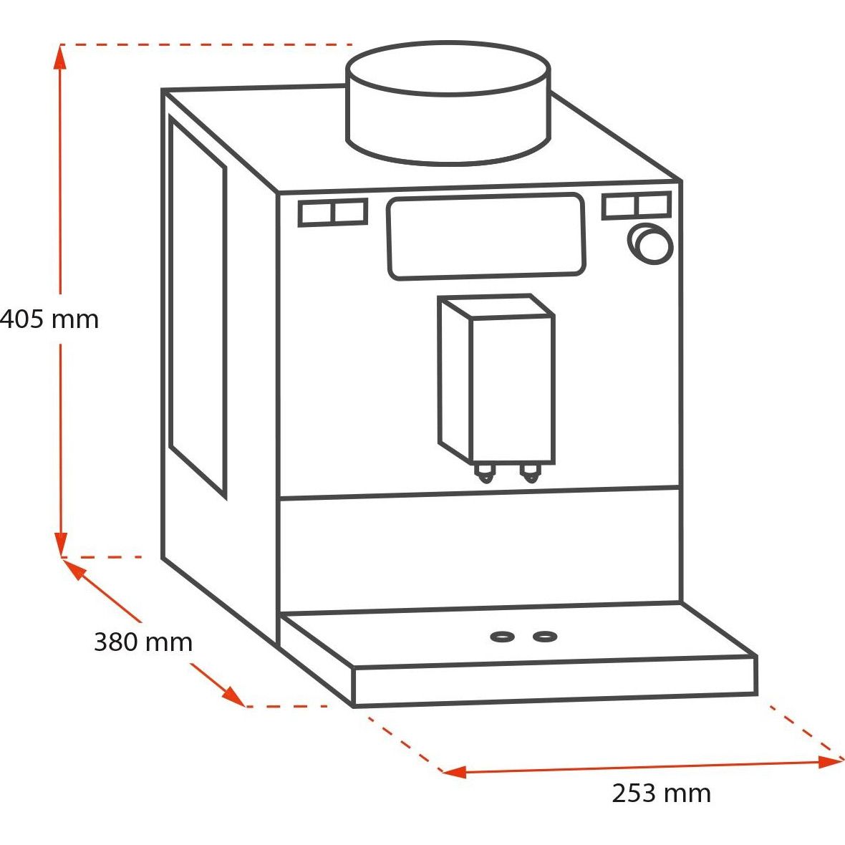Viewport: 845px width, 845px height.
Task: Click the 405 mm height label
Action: [49, 319]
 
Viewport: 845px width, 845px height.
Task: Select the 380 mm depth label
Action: [143, 642]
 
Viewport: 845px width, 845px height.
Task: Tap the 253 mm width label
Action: [661, 793]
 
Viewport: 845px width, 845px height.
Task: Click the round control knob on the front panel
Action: [650, 243]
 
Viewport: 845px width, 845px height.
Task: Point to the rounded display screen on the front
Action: [487, 236]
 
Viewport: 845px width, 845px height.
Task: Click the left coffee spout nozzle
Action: [485, 473]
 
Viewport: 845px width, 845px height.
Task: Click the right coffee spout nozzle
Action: [531, 472]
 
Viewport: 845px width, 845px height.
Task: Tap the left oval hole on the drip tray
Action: [502, 637]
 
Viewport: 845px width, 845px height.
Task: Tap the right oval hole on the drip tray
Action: [545, 637]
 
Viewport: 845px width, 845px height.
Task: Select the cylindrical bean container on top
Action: [448, 102]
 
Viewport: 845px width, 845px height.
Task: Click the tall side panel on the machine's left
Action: [198, 307]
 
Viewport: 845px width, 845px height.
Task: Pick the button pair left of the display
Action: [333, 212]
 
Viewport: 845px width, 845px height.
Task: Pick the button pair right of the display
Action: [637, 205]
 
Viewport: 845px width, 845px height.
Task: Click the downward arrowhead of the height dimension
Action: [61, 544]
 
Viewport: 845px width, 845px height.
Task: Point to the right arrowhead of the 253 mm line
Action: [831, 761]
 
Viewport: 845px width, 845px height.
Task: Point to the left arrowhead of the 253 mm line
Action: [454, 772]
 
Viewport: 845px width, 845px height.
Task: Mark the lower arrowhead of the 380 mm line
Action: [235, 696]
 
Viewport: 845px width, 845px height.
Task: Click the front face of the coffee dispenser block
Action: [513, 390]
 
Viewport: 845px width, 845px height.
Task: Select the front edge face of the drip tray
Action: [555, 680]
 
